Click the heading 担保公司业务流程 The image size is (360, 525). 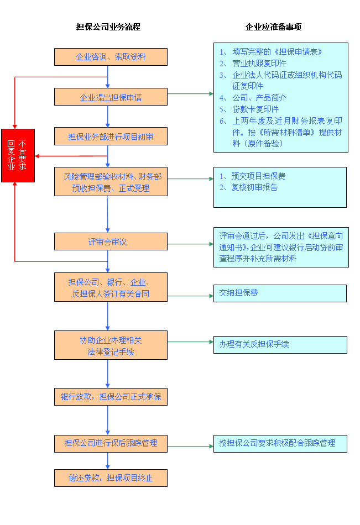click(x=108, y=27)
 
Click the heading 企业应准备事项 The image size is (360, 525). click(x=273, y=27)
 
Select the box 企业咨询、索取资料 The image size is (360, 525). click(x=111, y=57)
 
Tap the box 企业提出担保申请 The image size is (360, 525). click(x=111, y=97)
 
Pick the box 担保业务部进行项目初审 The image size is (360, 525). click(x=111, y=136)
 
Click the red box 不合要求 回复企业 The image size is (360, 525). click(x=18, y=155)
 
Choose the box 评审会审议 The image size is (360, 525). click(x=111, y=242)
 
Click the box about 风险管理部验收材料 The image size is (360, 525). click(x=111, y=182)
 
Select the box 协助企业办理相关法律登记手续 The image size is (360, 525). click(x=111, y=345)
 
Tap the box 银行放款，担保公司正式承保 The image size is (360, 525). click(x=111, y=397)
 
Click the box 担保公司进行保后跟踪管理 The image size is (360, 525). click(x=111, y=443)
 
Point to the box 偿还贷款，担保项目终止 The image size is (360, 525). click(x=111, y=478)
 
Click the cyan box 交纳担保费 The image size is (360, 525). click(x=280, y=293)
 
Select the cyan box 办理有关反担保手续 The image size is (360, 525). click(x=280, y=344)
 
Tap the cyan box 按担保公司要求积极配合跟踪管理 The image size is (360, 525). click(x=280, y=443)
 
